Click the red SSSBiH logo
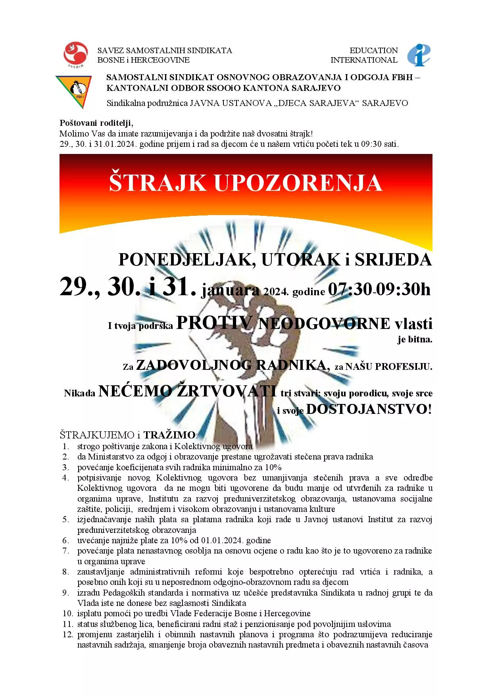(x=76, y=54)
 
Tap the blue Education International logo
(x=419, y=55)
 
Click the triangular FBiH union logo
(x=73, y=91)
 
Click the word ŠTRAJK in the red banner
(x=158, y=183)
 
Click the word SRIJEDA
(x=393, y=260)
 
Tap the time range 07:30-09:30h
(x=379, y=289)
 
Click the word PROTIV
(x=214, y=323)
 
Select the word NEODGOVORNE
(x=324, y=324)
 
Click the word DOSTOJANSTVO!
(x=369, y=409)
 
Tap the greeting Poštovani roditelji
(x=96, y=123)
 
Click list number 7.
(x=66, y=551)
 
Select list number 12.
(x=68, y=634)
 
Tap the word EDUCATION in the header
(x=373, y=50)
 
